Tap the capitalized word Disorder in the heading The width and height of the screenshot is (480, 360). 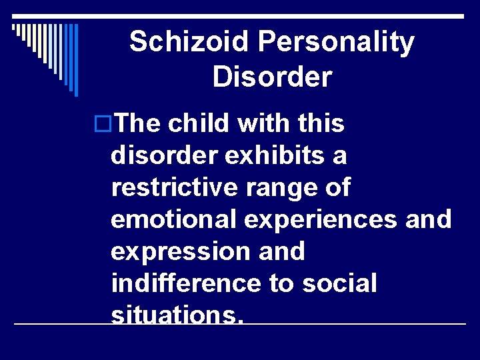(272, 77)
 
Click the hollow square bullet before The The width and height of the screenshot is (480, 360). (103, 125)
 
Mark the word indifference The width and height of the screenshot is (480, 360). (186, 283)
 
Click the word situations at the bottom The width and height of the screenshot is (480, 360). (177, 314)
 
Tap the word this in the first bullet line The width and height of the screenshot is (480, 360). (318, 124)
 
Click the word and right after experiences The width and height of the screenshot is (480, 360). (428, 219)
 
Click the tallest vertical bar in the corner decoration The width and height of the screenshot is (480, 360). (77, 59)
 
